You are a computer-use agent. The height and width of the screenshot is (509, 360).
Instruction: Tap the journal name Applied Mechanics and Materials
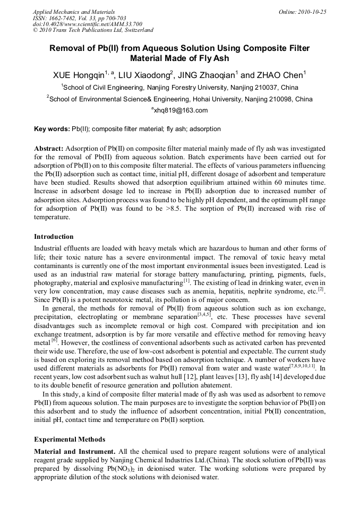tap(74, 12)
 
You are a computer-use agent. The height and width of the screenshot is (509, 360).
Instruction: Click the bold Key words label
tap(52, 129)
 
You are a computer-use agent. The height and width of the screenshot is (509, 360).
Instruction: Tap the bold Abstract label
tap(49, 149)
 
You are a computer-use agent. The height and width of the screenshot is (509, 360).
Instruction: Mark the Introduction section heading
tap(54, 237)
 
